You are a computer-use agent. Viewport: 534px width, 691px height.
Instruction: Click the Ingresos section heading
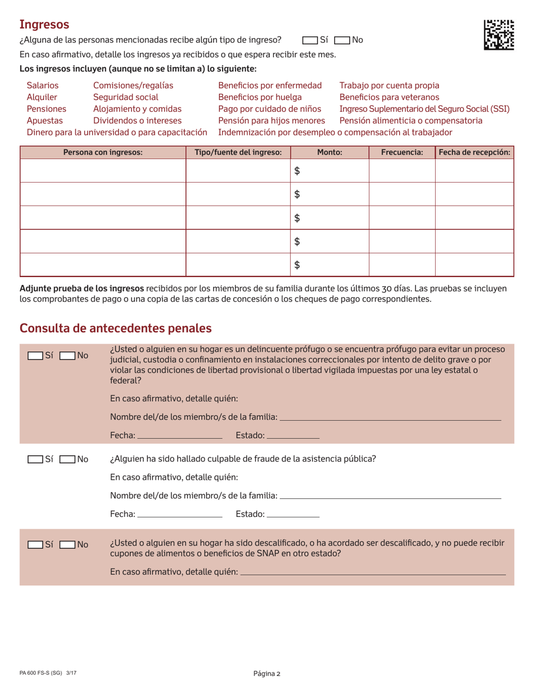coord(44,24)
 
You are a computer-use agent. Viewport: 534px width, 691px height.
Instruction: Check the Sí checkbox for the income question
coord(309,40)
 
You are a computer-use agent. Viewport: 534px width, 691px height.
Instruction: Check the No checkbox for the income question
coord(342,40)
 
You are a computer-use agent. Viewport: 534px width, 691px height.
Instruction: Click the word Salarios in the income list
coord(43,85)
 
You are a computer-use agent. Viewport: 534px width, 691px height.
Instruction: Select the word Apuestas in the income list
coord(45,120)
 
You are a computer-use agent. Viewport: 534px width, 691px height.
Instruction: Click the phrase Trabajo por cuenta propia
coord(390,85)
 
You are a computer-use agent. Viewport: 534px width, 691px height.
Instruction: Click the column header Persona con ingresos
coord(103,152)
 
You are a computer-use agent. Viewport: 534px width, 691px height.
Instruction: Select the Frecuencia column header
coord(402,152)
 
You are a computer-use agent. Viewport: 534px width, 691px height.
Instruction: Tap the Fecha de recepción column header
coord(474,152)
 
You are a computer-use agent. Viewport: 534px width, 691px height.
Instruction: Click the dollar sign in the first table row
coord(298,171)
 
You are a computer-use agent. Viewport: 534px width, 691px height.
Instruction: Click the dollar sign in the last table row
coord(298,265)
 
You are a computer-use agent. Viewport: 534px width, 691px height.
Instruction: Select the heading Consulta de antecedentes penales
coord(116,328)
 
